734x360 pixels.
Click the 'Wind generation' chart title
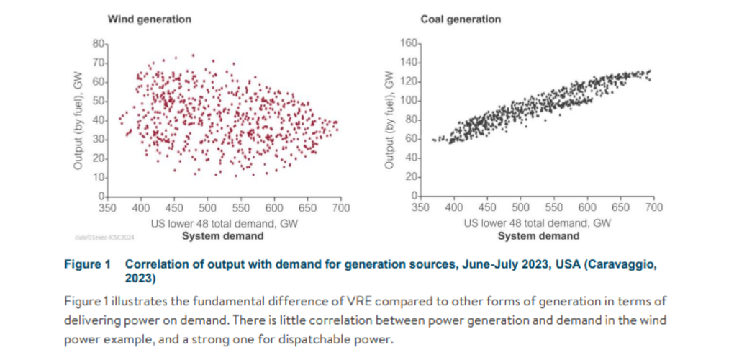[x=149, y=19]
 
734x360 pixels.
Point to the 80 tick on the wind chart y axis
[x=99, y=44]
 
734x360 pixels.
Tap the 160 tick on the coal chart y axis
[x=409, y=44]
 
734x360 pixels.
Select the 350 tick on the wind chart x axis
[x=107, y=208]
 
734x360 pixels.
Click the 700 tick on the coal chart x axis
[x=653, y=208]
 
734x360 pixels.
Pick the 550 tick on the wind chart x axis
[x=241, y=208]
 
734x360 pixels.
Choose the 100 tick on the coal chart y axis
[x=409, y=101]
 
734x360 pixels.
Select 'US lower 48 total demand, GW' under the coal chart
[x=538, y=223]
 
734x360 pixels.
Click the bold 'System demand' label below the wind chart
[x=222, y=235]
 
